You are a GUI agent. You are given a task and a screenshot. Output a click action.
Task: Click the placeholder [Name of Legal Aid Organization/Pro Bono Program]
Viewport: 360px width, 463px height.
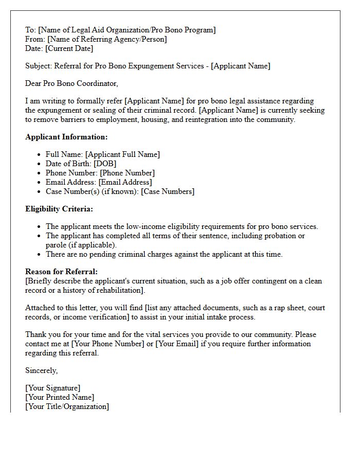(x=127, y=30)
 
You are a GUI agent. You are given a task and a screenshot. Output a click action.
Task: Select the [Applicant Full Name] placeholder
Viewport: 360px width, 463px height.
(x=122, y=154)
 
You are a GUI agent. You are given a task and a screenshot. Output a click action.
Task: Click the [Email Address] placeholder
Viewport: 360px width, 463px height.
(x=125, y=182)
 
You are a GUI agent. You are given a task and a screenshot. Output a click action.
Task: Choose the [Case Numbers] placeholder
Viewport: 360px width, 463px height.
(x=168, y=191)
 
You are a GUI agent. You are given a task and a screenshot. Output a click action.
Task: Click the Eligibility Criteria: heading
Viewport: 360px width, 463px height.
(x=59, y=209)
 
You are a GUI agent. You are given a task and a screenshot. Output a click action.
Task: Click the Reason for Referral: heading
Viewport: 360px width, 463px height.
(x=61, y=272)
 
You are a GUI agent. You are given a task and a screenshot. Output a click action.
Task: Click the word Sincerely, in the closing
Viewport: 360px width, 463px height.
(x=42, y=370)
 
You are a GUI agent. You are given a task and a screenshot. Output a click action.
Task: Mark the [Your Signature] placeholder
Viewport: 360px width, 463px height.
(x=53, y=388)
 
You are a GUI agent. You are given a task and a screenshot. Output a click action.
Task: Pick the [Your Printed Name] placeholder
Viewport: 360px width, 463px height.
(x=60, y=397)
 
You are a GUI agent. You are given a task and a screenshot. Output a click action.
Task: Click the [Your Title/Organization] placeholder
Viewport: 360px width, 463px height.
(x=67, y=406)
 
